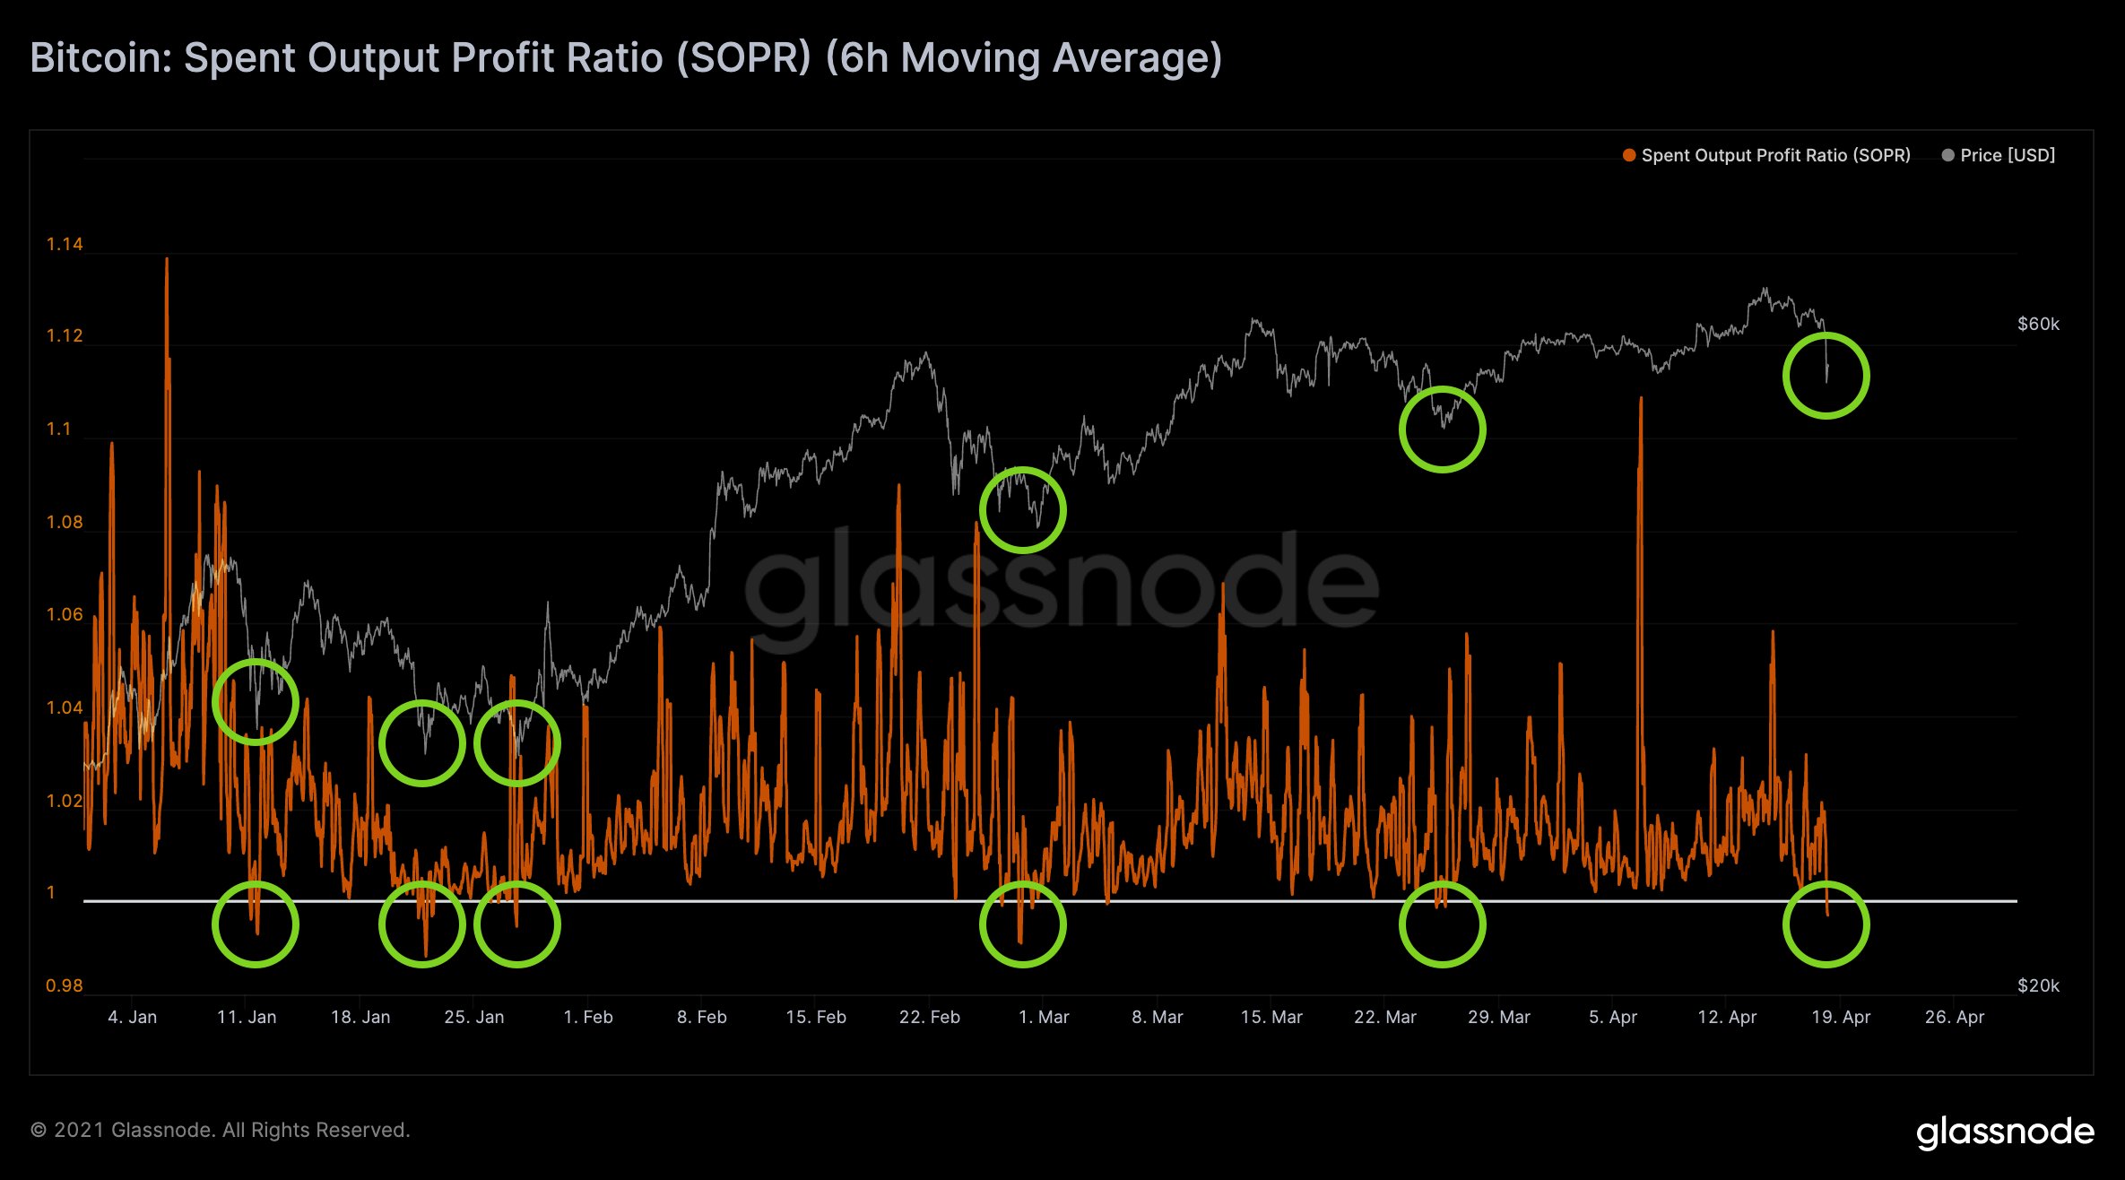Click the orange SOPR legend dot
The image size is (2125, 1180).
pos(1629,156)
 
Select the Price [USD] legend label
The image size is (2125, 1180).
pos(2008,156)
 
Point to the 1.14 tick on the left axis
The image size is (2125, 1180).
pos(65,245)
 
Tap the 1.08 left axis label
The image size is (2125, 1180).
pos(65,523)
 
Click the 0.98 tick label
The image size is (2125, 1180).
pos(65,986)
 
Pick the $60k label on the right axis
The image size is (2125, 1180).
pos(2038,325)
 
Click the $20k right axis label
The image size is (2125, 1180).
pos(2038,986)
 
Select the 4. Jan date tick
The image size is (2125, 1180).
pos(132,1018)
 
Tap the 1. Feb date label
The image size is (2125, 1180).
pos(588,1018)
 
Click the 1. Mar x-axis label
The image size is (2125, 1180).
pos(1044,1018)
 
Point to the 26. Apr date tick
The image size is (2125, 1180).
pos(1955,1018)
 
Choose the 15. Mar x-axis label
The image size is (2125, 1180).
pos(1271,1018)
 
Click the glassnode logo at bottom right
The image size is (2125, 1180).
pos(2005,1132)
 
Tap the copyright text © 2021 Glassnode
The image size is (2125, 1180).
pos(221,1131)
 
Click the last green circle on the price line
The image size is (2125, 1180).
pos(1826,376)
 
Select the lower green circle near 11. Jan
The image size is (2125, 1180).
pos(256,924)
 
